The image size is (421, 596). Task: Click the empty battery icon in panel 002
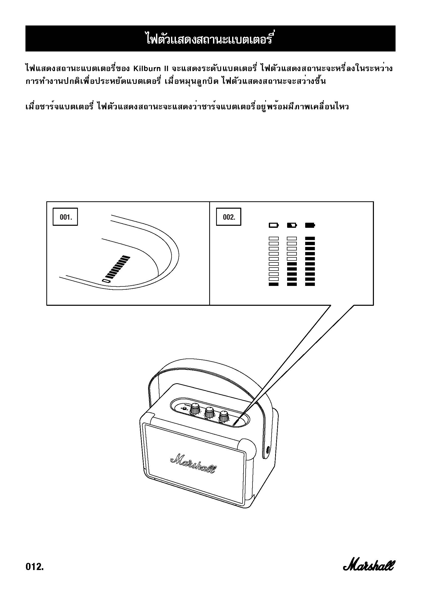coord(274,225)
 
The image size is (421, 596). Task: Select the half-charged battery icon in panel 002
coord(292,225)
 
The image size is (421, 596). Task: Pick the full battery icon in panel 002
coord(310,225)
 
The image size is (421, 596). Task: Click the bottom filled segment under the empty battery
coord(274,284)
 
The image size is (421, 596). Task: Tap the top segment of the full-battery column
coord(310,238)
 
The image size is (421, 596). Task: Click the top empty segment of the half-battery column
coord(292,238)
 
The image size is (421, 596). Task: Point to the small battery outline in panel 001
coord(106,281)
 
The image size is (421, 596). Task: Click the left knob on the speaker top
coord(195,409)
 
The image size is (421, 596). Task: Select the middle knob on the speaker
coord(209,412)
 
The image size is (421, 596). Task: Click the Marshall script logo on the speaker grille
coord(193,463)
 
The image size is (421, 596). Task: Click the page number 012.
coord(34,566)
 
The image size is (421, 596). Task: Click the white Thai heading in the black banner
coord(210,38)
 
